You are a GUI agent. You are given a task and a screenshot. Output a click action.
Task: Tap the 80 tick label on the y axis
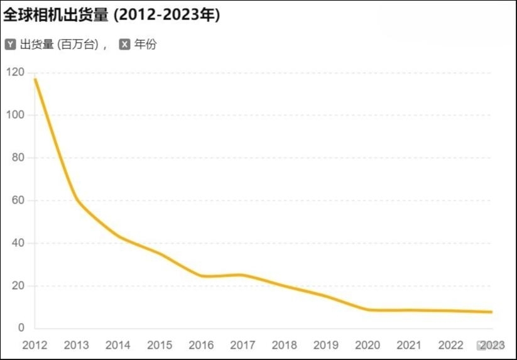click(18, 158)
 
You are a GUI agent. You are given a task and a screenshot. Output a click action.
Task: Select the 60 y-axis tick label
click(18, 200)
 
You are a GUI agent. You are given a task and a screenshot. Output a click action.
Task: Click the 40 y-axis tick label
click(18, 243)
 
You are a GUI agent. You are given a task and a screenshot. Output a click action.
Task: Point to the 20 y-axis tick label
click(18, 286)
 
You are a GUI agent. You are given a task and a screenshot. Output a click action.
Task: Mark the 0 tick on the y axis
click(21, 328)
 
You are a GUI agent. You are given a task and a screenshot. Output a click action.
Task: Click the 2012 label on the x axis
click(35, 345)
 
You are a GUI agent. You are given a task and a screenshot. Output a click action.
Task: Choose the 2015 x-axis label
click(160, 345)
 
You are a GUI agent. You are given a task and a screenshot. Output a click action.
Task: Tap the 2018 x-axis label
click(285, 345)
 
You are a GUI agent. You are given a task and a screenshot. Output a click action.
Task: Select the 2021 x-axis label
click(409, 345)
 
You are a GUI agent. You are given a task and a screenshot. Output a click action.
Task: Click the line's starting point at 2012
click(35, 79)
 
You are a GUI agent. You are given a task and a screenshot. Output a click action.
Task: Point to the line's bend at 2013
click(77, 200)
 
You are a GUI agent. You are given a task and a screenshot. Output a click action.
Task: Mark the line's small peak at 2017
click(243, 275)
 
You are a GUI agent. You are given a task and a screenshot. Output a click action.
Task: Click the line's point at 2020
click(368, 310)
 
